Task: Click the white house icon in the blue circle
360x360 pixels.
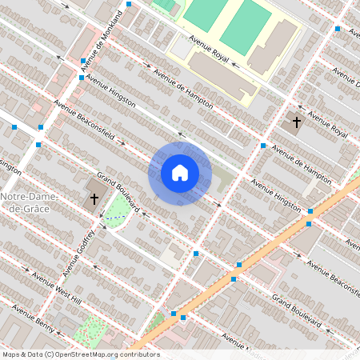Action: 180,172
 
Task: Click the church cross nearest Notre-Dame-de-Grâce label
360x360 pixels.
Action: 94,198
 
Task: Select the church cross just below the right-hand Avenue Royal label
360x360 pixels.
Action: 297,122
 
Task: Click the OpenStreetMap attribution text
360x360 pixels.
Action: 81,354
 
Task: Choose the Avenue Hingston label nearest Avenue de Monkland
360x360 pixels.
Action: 112,93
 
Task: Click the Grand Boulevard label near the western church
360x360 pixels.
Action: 118,193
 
